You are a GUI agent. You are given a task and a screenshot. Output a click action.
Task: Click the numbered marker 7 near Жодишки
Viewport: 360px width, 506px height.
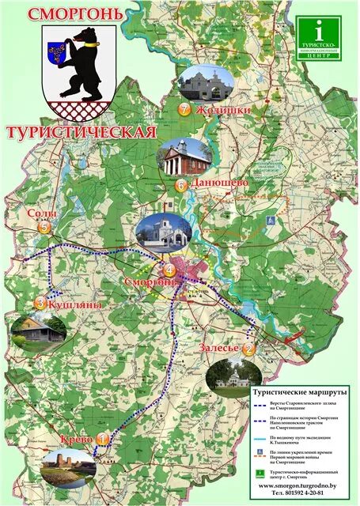(x=185, y=111)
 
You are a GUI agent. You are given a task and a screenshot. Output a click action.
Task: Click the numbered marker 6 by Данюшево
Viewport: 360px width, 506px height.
(x=181, y=185)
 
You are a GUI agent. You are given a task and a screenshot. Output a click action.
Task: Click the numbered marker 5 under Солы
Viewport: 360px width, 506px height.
(x=44, y=228)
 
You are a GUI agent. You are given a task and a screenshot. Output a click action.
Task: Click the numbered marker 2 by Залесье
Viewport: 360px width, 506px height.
(x=248, y=349)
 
